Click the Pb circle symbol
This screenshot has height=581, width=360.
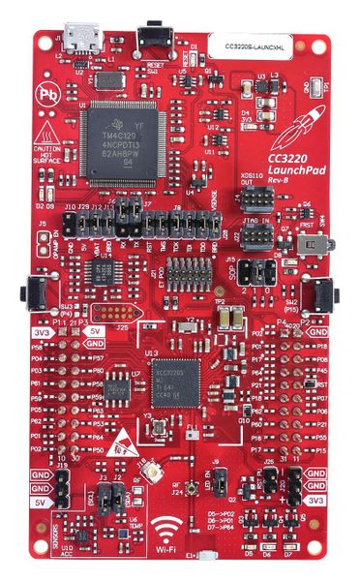coord(45,95)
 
